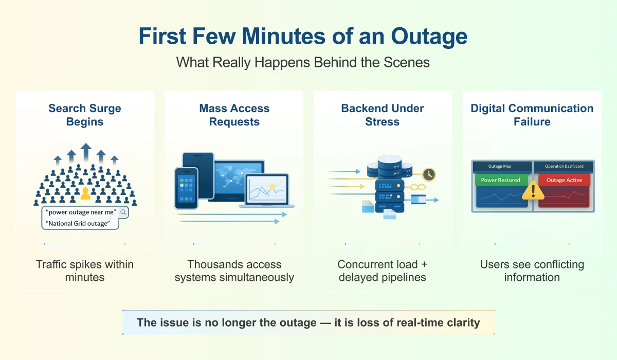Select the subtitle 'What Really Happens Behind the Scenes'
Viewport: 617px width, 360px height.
(x=303, y=62)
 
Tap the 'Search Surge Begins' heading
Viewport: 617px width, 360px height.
(x=85, y=115)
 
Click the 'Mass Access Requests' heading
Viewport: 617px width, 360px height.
(x=234, y=115)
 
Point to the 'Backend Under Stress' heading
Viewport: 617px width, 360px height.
(x=383, y=115)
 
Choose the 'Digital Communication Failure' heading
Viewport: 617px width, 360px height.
(x=532, y=115)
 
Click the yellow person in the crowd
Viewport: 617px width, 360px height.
(x=86, y=193)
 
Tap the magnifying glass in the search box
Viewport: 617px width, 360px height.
(x=123, y=212)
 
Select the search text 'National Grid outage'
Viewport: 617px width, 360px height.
(x=78, y=223)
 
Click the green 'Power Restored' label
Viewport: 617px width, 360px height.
(x=500, y=180)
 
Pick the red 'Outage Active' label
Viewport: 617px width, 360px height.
(x=564, y=180)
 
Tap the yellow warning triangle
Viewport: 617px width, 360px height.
(x=533, y=191)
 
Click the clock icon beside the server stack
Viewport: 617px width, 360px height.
(x=428, y=174)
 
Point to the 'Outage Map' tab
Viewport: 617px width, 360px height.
(x=499, y=166)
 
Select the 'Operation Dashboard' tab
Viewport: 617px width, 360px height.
(x=564, y=166)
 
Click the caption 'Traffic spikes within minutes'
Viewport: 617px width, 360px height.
(x=85, y=271)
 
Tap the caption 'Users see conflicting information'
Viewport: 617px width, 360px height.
(x=532, y=271)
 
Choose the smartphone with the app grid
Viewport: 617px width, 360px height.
(x=186, y=188)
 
